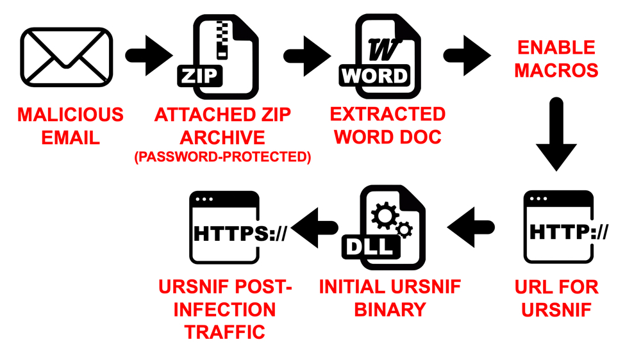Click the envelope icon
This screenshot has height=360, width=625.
tap(66, 56)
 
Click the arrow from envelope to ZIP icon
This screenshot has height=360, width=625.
tap(149, 56)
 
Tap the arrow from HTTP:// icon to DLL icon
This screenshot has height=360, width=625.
tap(471, 227)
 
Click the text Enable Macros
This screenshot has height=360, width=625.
tap(556, 58)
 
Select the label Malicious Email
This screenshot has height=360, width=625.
tap(71, 126)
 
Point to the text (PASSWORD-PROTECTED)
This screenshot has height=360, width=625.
tap(222, 157)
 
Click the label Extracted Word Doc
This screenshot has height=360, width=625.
tap(388, 125)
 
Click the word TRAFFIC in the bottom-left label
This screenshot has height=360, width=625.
tap(225, 332)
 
